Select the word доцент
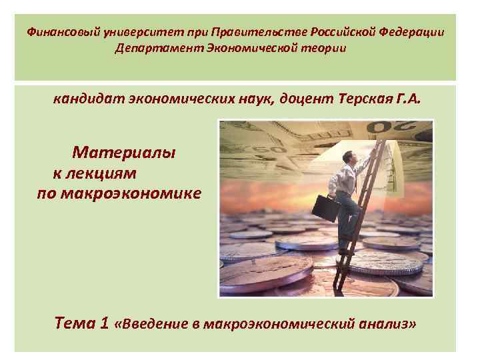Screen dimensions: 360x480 click(x=305, y=100)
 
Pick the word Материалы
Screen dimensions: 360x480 click(x=125, y=153)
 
